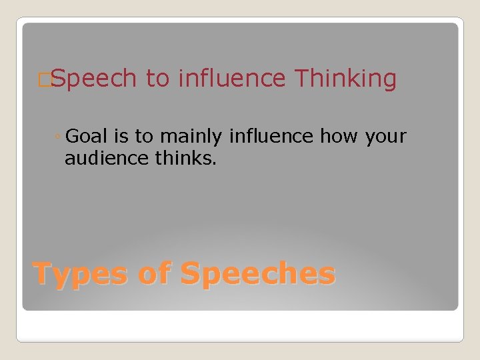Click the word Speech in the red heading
tap(93, 79)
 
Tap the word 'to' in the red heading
tap(158, 79)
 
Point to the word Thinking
tap(345, 79)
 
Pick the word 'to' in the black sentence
tap(143, 137)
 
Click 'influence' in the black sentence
tap(271, 137)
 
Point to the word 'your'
tap(385, 137)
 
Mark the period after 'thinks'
tap(215, 163)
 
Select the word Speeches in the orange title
tap(258, 274)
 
